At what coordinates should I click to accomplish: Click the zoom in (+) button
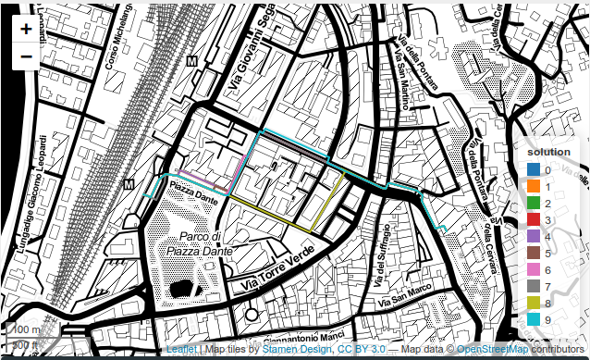coord(26,29)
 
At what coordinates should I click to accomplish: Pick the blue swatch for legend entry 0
coord(534,170)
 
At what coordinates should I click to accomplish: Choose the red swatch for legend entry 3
coord(534,220)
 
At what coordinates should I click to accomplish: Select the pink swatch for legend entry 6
coord(534,269)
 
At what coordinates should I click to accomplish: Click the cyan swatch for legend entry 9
coord(534,319)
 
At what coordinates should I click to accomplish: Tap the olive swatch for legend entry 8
coord(534,303)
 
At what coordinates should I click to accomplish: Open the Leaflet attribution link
coord(182,351)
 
